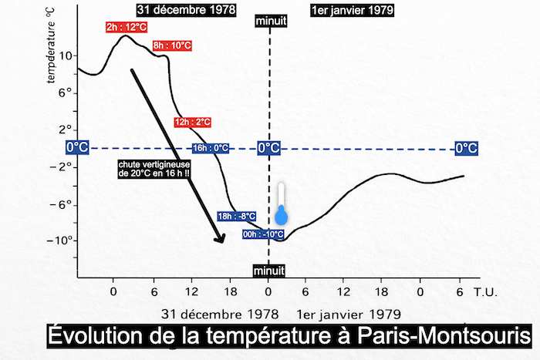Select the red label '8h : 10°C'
[172, 46]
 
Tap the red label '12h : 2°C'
[192, 122]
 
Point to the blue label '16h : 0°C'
[211, 148]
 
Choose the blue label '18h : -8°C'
[237, 217]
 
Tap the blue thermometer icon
[282, 207]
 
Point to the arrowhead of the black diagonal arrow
[220, 238]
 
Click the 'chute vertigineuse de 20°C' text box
[154, 169]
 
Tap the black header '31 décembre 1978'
[184, 10]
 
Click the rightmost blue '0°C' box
[466, 148]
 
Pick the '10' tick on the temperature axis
[64, 56]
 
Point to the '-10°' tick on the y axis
[62, 241]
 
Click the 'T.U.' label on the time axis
[485, 293]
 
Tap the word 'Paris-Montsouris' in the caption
[444, 338]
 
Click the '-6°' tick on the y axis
[64, 204]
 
